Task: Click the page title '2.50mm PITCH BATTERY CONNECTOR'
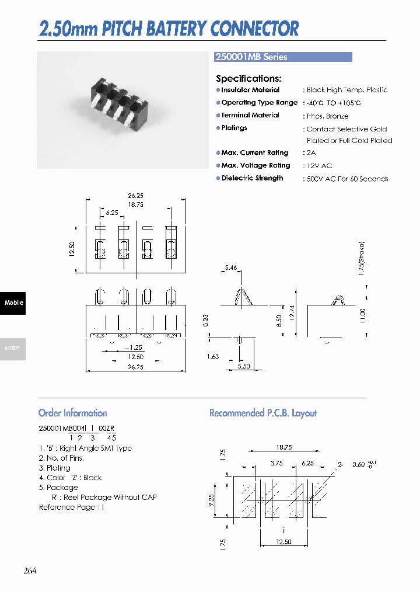[x=169, y=28]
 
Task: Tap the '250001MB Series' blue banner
[x=283, y=57]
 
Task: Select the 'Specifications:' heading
[x=249, y=78]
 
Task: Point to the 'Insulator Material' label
[x=250, y=90]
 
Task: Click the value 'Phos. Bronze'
[x=327, y=116]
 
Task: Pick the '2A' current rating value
[x=311, y=153]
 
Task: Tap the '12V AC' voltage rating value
[x=319, y=166]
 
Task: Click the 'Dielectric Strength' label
[x=252, y=178]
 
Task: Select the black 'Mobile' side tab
[x=13, y=303]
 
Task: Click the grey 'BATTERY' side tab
[x=13, y=348]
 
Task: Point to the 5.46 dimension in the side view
[x=230, y=268]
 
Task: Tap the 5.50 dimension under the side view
[x=244, y=366]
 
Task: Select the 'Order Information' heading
[x=72, y=413]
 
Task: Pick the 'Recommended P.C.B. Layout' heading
[x=263, y=413]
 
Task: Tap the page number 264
[x=30, y=570]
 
